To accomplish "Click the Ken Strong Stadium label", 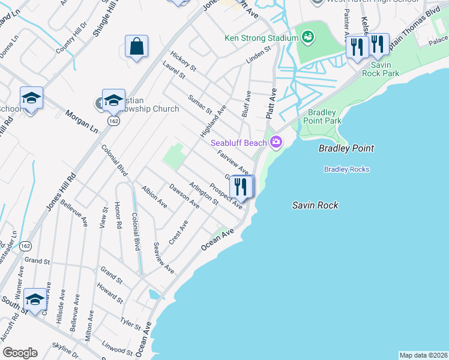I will [261, 38].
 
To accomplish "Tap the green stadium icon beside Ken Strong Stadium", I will [308, 38].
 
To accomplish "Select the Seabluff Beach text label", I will [238, 142].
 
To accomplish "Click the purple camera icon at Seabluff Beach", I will [276, 142].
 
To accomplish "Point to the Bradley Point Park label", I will [324, 116].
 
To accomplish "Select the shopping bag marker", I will [137, 46].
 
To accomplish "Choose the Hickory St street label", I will [183, 61].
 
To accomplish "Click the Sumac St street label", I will [200, 104].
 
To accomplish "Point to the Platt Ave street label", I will [271, 103].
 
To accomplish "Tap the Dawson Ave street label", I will [184, 196].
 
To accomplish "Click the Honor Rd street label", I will [119, 217].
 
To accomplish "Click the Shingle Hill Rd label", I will [104, 19].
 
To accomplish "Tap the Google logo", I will [20, 353].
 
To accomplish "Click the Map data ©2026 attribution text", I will [423, 355].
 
